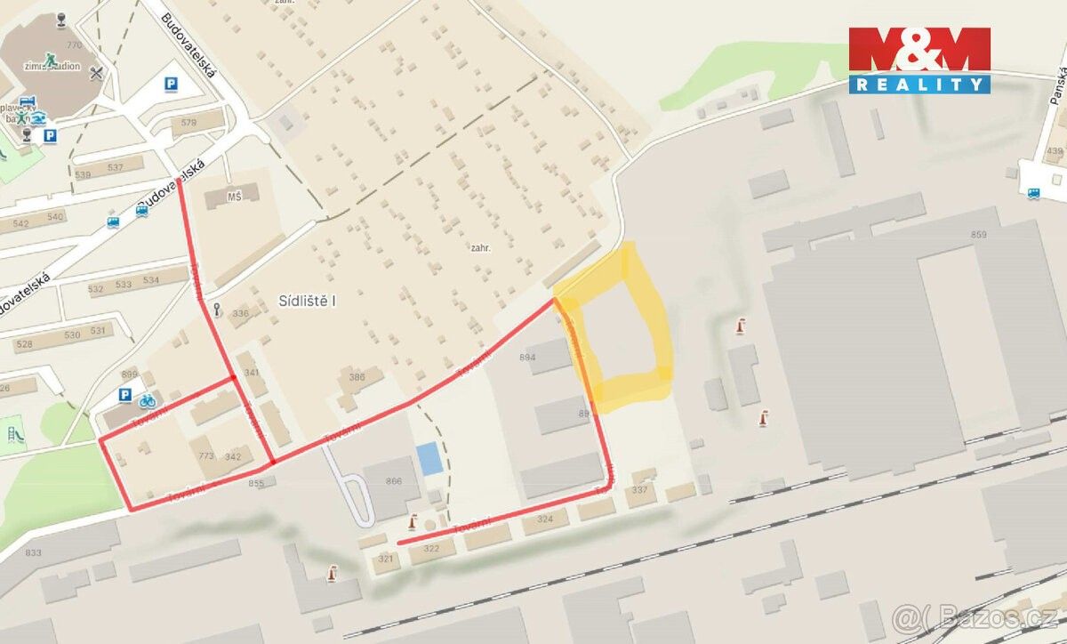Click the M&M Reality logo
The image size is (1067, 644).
coord(919,60)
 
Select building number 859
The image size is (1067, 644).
coord(979,235)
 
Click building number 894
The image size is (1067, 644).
coord(528,358)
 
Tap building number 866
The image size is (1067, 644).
coord(393,481)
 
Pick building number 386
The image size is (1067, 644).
coord(357,377)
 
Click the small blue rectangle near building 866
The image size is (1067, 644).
coord(429,458)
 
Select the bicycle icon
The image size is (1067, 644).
coord(147,400)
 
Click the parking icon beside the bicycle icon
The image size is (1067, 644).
coord(125,396)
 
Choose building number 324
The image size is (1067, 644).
coord(545,518)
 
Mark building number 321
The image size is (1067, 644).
coord(385,559)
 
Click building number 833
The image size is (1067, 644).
coord(33,553)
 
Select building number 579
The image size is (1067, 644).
coord(188,123)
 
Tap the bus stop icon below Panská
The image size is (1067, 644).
coord(1033,193)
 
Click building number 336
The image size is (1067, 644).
coord(240,313)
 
